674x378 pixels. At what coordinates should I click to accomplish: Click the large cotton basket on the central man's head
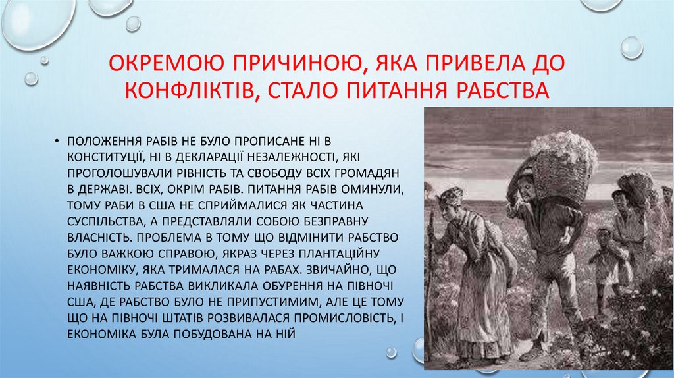(563, 161)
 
